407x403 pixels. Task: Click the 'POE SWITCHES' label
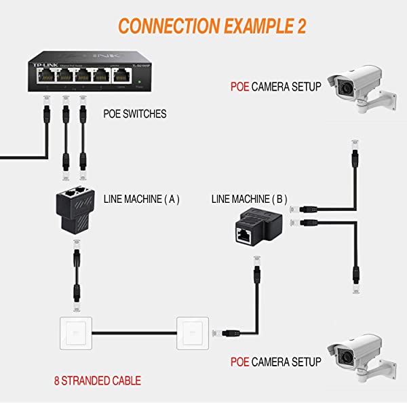tap(135, 114)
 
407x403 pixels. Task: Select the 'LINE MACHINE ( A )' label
tap(141, 199)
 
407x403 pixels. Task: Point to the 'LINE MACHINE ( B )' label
tap(249, 199)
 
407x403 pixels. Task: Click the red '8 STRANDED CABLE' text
tap(98, 381)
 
